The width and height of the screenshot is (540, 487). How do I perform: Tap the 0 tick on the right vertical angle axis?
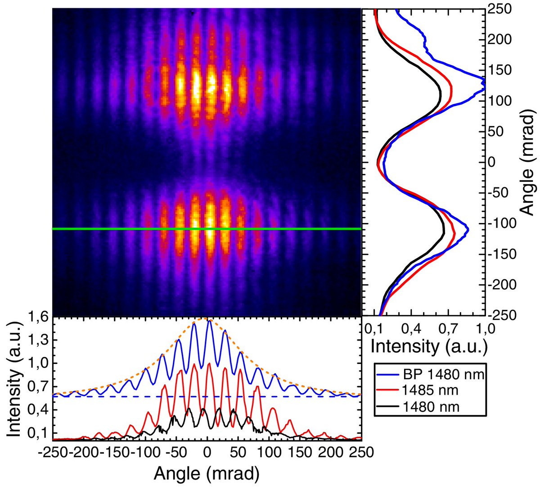[495, 162]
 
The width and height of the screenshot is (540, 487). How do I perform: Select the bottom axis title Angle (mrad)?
[207, 473]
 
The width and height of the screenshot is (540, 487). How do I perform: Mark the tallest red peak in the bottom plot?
[194, 364]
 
